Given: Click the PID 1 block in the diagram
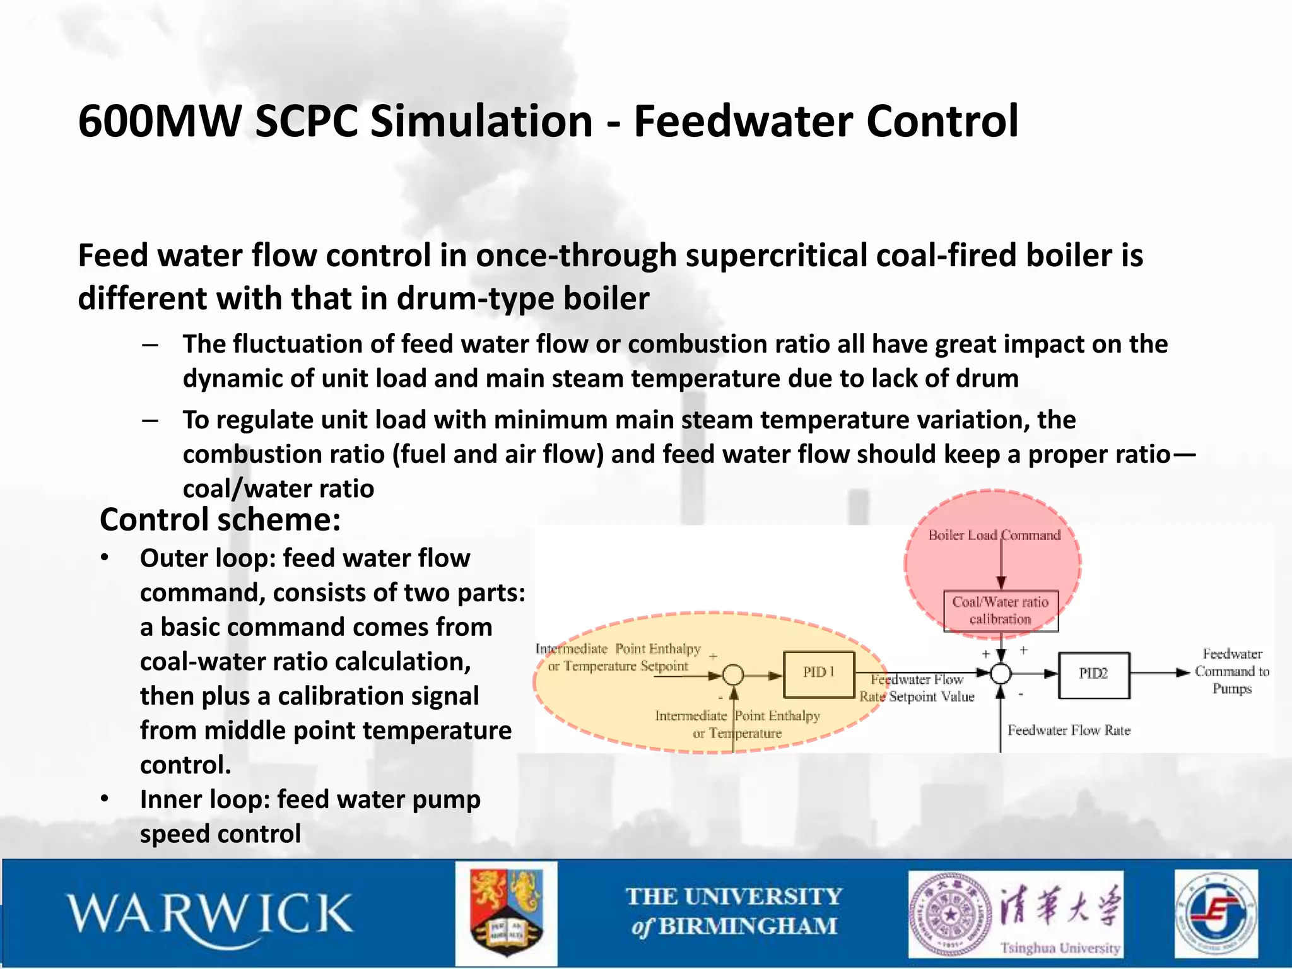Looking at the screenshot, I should [819, 674].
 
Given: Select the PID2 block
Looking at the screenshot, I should [1093, 674].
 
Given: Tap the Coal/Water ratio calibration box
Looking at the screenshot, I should [1001, 611].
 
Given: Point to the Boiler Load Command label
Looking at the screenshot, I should [994, 535].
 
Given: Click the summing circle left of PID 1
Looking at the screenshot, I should [733, 675].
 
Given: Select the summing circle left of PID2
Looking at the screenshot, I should [1001, 674].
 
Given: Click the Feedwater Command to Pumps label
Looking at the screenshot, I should [1231, 671].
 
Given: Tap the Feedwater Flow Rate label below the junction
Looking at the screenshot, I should [1069, 731].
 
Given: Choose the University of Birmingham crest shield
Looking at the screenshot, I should [506, 913].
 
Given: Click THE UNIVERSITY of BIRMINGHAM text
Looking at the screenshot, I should [734, 912].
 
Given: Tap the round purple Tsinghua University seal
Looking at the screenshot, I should [949, 913].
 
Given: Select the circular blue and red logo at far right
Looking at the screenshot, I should [1216, 913].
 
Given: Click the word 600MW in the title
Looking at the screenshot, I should [160, 121].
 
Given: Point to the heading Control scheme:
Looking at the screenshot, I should [220, 520].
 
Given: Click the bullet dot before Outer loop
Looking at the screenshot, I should [105, 558].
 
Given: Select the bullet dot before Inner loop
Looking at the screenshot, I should [105, 799].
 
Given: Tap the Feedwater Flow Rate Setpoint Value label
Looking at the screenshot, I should [917, 688].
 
